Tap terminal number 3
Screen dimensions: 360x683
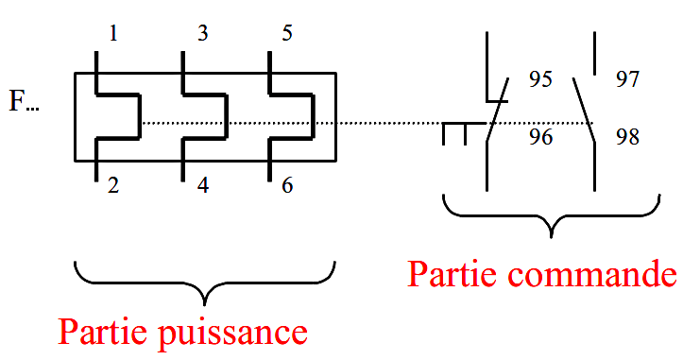[202, 35]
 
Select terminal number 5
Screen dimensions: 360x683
[287, 35]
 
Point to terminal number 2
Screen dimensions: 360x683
[114, 185]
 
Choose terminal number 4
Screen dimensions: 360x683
[202, 185]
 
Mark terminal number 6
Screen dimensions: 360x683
[287, 185]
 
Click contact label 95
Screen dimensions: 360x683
[540, 79]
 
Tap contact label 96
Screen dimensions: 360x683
[540, 138]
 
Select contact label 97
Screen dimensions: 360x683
[628, 79]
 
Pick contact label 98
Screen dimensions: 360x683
[628, 138]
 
